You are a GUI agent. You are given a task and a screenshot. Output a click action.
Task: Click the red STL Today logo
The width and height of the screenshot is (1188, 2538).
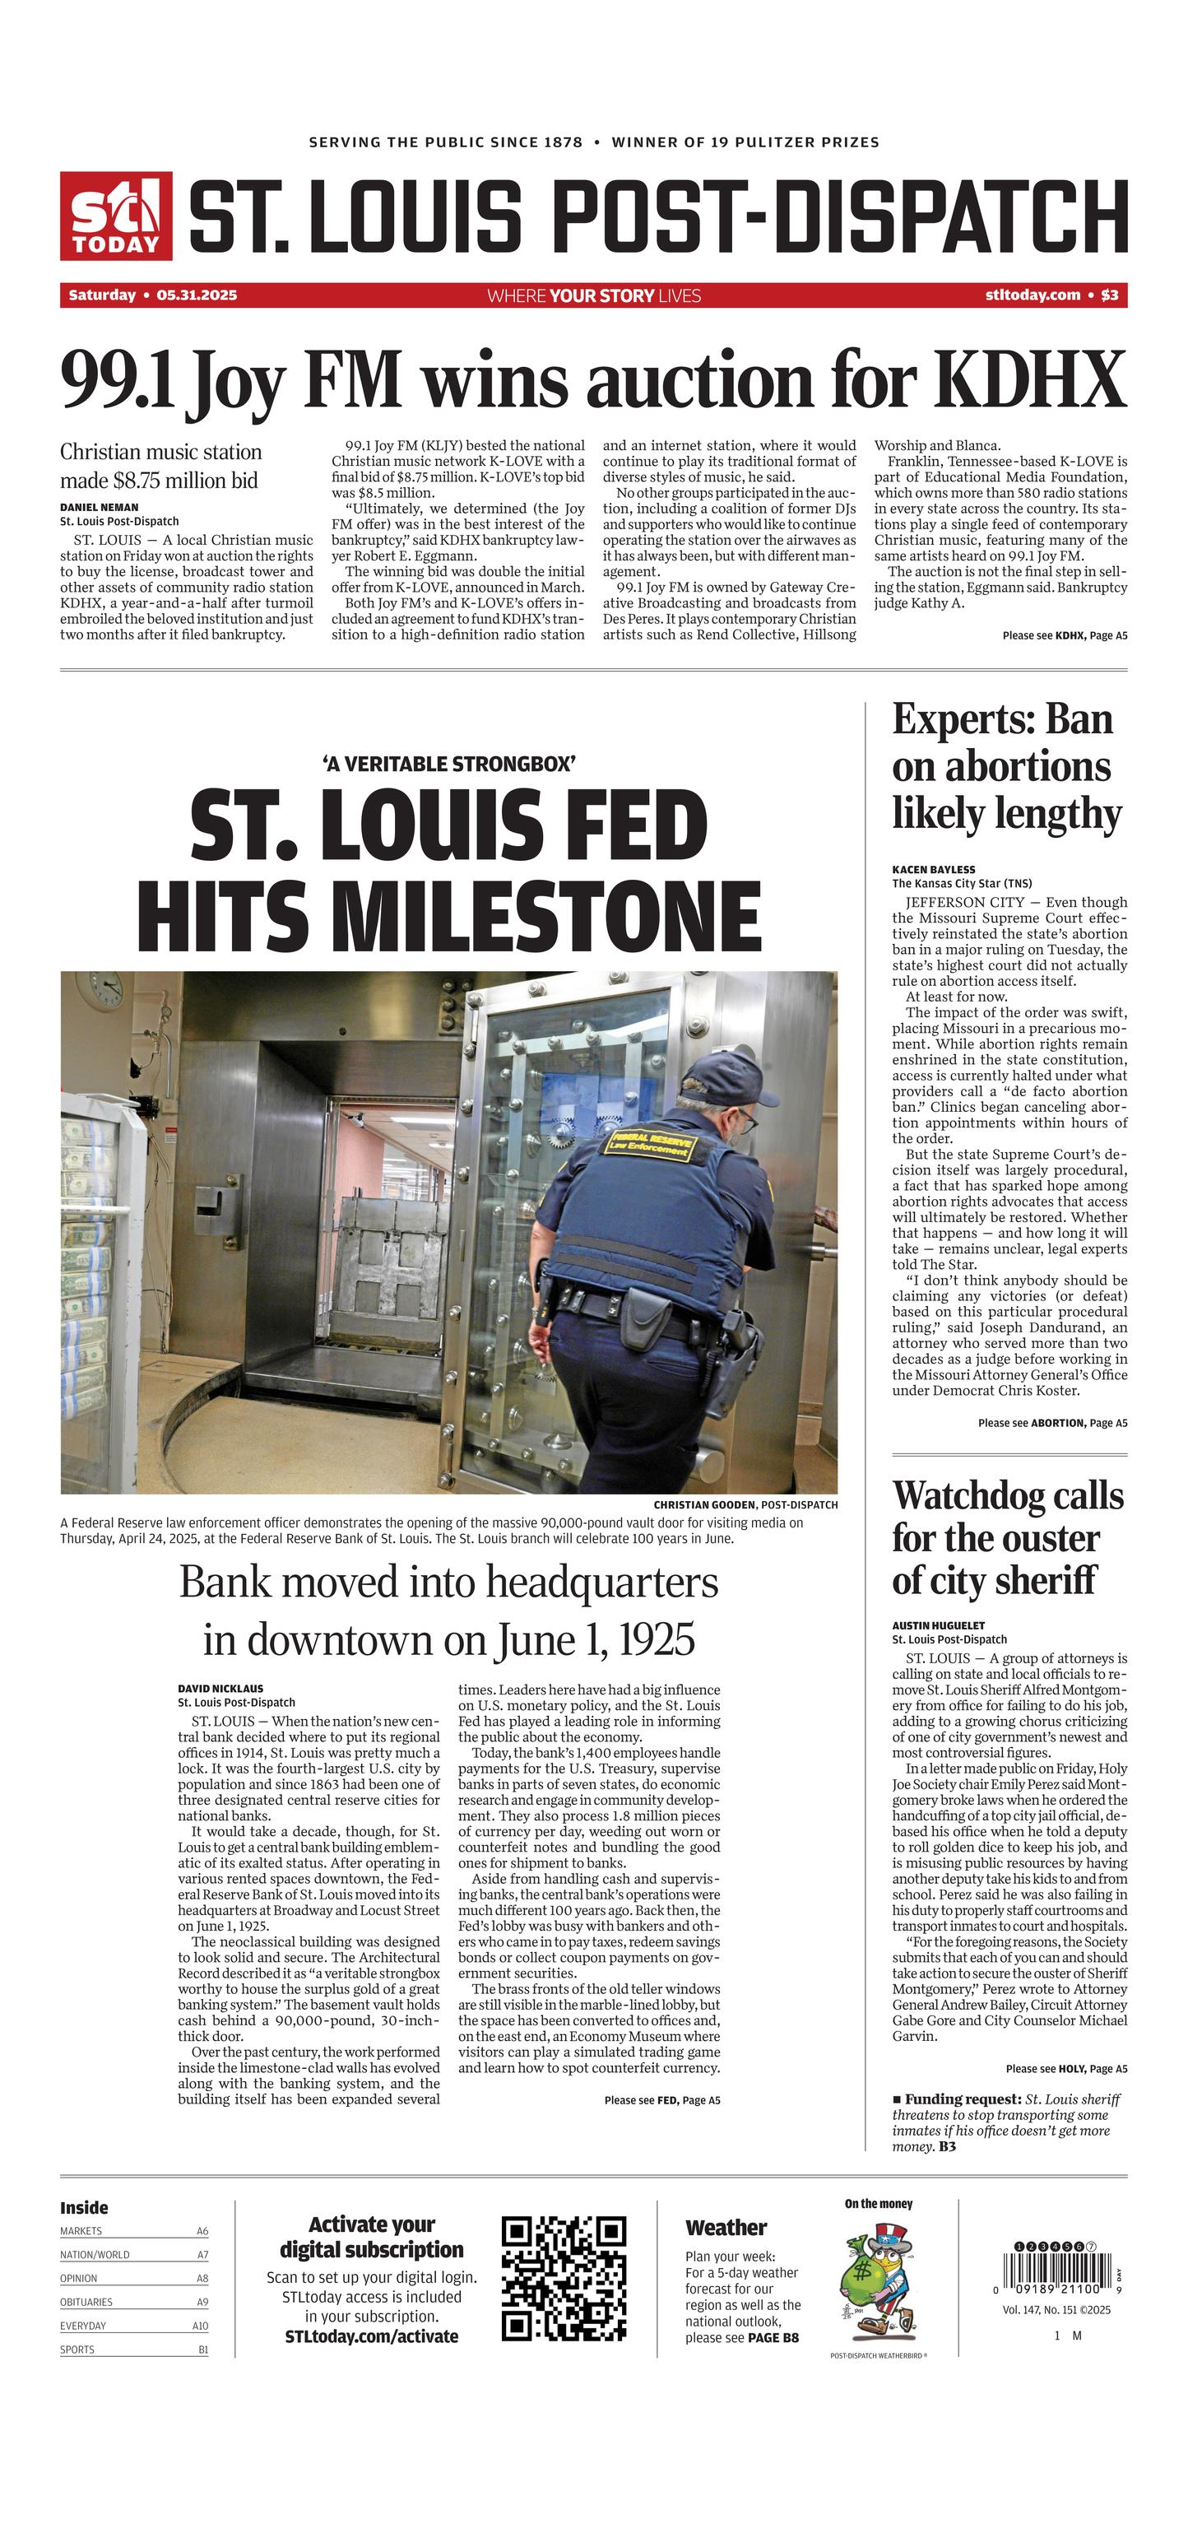116,216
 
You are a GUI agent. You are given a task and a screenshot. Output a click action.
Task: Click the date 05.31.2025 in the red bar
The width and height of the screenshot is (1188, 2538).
196,295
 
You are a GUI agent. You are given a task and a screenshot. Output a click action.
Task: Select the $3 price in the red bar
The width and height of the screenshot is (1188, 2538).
1109,295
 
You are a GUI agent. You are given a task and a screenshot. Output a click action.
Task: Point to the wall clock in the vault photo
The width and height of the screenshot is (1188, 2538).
104,988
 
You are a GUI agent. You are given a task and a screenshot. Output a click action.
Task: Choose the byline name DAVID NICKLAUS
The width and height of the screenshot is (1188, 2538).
220,1688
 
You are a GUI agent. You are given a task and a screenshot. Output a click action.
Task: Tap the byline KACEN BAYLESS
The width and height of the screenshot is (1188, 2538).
933,870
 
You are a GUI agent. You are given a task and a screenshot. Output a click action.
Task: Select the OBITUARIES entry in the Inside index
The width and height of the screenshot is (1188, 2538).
86,2302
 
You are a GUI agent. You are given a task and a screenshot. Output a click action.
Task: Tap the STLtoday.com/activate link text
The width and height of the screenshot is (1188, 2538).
371,2336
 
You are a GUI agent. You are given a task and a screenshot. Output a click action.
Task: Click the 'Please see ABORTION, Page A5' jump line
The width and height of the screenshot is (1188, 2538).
1052,1423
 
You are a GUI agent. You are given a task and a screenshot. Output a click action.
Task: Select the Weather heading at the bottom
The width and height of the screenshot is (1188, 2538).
725,2228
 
